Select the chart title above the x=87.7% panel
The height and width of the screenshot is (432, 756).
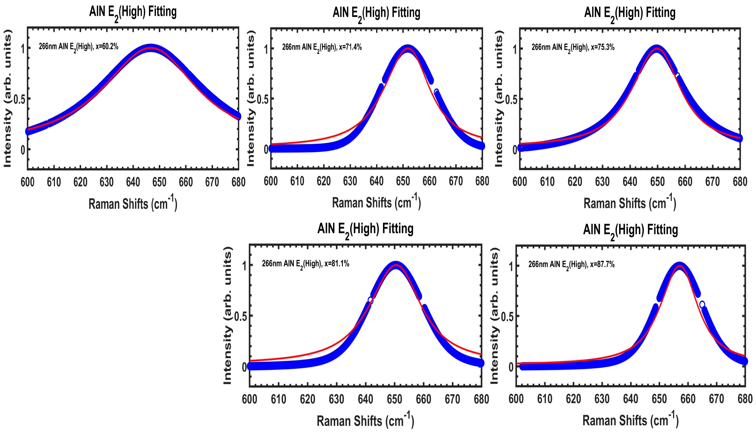[630, 230]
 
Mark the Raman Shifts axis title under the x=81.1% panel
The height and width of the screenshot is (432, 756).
[365, 421]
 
